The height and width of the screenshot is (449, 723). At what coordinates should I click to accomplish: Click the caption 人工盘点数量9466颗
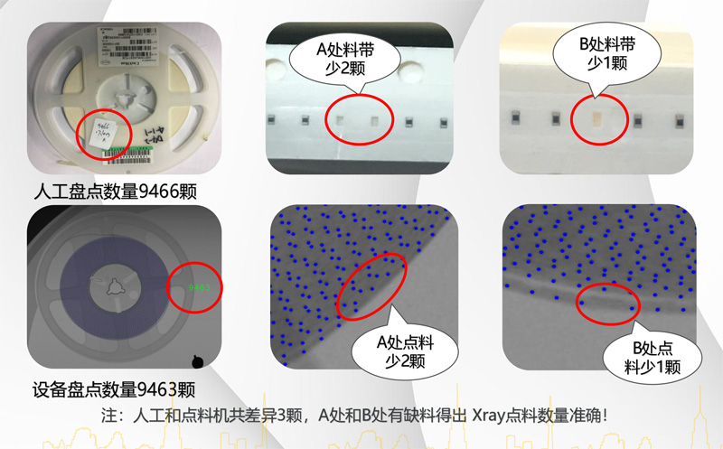click(x=114, y=192)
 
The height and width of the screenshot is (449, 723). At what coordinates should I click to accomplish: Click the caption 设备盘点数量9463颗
click(x=114, y=390)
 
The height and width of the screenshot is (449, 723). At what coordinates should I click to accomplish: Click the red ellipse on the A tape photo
click(x=359, y=118)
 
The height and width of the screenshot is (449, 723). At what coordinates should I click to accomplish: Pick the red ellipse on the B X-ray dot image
click(x=606, y=304)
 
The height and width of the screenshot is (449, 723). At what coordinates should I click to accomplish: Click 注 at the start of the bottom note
click(x=111, y=416)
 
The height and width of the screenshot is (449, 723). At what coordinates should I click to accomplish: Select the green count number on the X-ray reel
click(x=198, y=287)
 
